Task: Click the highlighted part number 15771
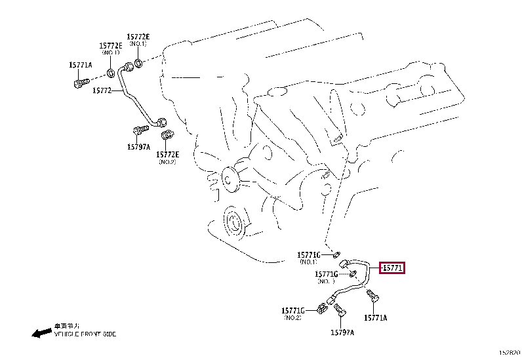393,268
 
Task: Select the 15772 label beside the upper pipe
103,90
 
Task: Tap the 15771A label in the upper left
81,65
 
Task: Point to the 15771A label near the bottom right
376,317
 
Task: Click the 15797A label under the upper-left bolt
138,147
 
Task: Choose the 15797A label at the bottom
342,332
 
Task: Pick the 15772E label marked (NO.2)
167,154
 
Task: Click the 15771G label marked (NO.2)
293,310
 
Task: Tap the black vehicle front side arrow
41,332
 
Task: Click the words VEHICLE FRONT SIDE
86,334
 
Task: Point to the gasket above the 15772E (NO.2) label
168,136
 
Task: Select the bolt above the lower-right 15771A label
374,296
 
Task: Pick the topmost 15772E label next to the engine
138,37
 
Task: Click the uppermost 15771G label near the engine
308,254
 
